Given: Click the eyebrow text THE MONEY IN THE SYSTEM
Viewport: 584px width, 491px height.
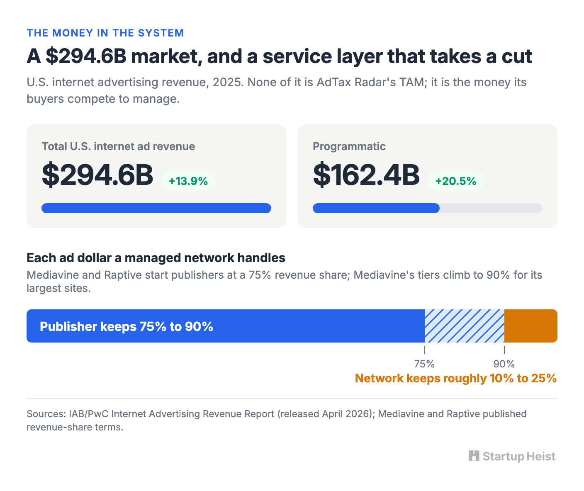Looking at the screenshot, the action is coord(105,33).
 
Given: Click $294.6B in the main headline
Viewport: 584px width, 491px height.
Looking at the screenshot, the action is coord(86,56).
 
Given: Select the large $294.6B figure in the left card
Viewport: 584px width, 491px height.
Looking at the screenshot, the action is coord(97,175).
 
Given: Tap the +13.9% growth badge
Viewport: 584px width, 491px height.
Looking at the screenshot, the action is coord(188,181).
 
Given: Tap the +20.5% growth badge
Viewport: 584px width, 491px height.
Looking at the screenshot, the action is coord(455,181).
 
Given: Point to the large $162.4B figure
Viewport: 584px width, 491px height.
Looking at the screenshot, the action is coord(366,175).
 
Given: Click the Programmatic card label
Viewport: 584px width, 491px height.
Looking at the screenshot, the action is coord(349,146).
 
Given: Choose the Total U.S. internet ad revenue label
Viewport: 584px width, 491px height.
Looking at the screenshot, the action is coord(118,146).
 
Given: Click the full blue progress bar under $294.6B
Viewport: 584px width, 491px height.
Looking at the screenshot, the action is coord(156,208).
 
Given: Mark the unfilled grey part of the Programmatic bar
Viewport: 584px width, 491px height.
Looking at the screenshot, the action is coord(491,208).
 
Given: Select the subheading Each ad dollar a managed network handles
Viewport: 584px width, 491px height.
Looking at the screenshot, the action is coord(156,258).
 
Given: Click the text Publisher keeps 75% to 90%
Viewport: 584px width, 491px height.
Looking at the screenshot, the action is coord(127,326).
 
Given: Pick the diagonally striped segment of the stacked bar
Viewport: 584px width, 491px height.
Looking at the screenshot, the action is coord(464,326).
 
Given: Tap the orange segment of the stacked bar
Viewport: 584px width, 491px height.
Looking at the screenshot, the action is coord(531,326).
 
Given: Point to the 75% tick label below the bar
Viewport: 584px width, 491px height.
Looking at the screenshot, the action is coord(424,364).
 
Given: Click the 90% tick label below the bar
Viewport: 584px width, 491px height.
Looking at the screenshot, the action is coord(504,364).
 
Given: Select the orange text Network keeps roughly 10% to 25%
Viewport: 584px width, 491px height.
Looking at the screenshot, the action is coord(456,378).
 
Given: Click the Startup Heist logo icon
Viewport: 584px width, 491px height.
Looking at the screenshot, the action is coord(474,456).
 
